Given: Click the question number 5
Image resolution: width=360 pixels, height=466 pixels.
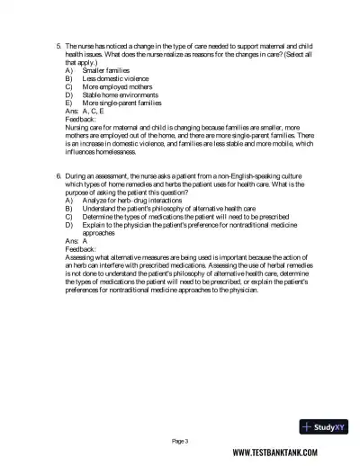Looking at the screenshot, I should click(x=58, y=44).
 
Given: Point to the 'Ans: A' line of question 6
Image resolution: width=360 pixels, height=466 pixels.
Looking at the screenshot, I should click(x=76, y=242).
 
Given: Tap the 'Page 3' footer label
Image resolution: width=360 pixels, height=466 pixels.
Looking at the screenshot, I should click(x=180, y=441).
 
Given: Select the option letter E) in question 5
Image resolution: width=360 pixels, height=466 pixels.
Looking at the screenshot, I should click(x=69, y=103).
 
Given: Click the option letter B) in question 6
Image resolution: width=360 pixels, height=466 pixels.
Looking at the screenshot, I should click(x=69, y=208).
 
